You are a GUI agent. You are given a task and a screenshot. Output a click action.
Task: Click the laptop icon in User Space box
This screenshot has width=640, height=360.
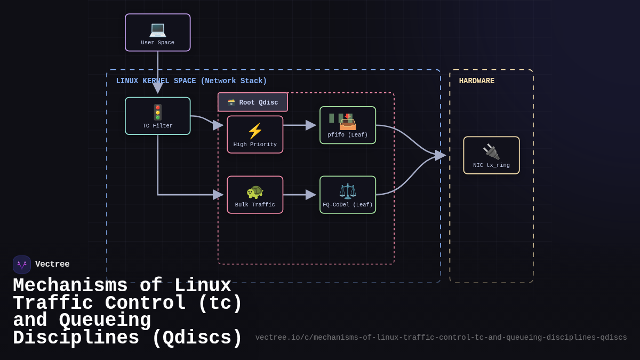tap(157, 29)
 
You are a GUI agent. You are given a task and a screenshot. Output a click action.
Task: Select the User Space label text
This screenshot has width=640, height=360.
tap(157, 43)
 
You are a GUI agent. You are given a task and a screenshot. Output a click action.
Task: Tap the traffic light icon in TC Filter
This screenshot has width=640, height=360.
tap(157, 112)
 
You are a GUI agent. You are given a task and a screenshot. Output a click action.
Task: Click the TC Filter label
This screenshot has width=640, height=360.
tap(157, 126)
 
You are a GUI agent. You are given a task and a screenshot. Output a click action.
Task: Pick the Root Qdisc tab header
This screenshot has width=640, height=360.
tap(253, 102)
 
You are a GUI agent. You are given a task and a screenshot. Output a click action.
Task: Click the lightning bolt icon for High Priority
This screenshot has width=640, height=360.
tap(255, 131)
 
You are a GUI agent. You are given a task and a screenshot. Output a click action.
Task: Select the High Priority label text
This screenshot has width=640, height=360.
tap(255, 145)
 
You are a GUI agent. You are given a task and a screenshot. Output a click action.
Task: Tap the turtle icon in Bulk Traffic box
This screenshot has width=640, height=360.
tap(255, 191)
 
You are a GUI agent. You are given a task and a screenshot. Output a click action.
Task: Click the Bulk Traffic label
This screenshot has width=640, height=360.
tap(255, 205)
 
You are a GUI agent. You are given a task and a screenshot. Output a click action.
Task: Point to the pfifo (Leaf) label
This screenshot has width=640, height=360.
tap(348, 135)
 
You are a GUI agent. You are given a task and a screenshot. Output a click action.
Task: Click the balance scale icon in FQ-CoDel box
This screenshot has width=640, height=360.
tap(348, 191)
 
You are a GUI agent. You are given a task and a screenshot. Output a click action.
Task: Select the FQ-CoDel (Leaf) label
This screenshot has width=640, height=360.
tap(348, 205)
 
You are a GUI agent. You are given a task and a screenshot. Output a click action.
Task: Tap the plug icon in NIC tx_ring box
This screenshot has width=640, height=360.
tap(491, 151)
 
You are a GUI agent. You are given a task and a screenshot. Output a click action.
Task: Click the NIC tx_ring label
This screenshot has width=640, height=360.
tap(491, 165)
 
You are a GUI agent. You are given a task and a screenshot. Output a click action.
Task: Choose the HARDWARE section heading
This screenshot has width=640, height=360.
tap(476, 81)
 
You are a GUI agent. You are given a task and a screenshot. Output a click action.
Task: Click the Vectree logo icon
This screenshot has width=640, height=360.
tap(22, 265)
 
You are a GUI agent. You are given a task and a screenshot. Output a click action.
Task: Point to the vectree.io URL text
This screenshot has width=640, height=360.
tap(441, 338)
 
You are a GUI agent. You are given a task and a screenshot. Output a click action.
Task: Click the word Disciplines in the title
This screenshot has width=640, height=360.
tap(76, 338)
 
